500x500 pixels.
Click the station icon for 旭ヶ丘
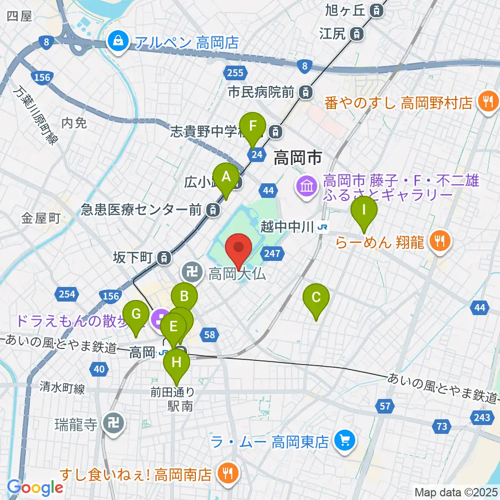[375, 10]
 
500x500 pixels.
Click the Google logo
[35, 488]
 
